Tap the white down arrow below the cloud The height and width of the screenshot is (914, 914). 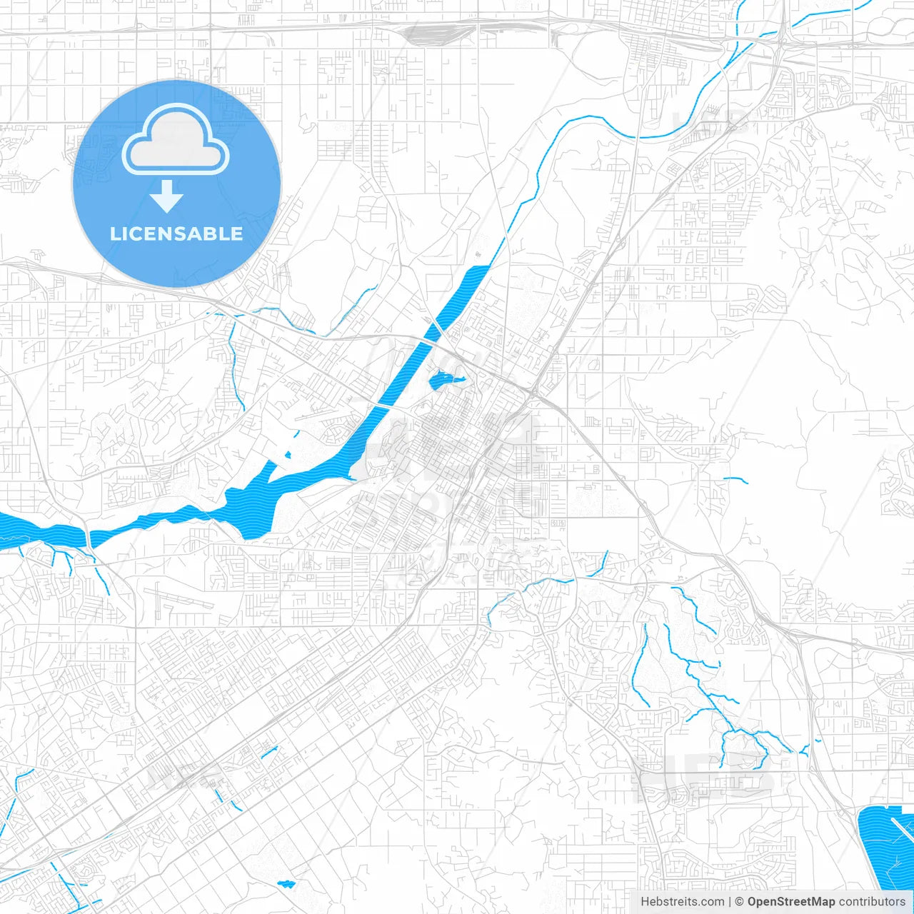click(166, 196)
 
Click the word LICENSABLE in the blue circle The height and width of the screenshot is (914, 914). click(176, 233)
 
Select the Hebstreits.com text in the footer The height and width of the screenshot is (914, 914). click(682, 902)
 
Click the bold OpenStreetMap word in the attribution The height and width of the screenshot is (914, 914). click(790, 902)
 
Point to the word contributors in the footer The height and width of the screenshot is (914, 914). click(872, 902)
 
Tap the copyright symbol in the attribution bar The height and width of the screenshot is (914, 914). click(740, 902)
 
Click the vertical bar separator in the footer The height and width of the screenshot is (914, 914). click(730, 902)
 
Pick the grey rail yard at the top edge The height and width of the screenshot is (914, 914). click(436, 32)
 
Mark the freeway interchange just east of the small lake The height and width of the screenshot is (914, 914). click(534, 391)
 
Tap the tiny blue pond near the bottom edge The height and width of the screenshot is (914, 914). click(286, 884)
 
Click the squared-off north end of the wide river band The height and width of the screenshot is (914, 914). click(480, 268)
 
